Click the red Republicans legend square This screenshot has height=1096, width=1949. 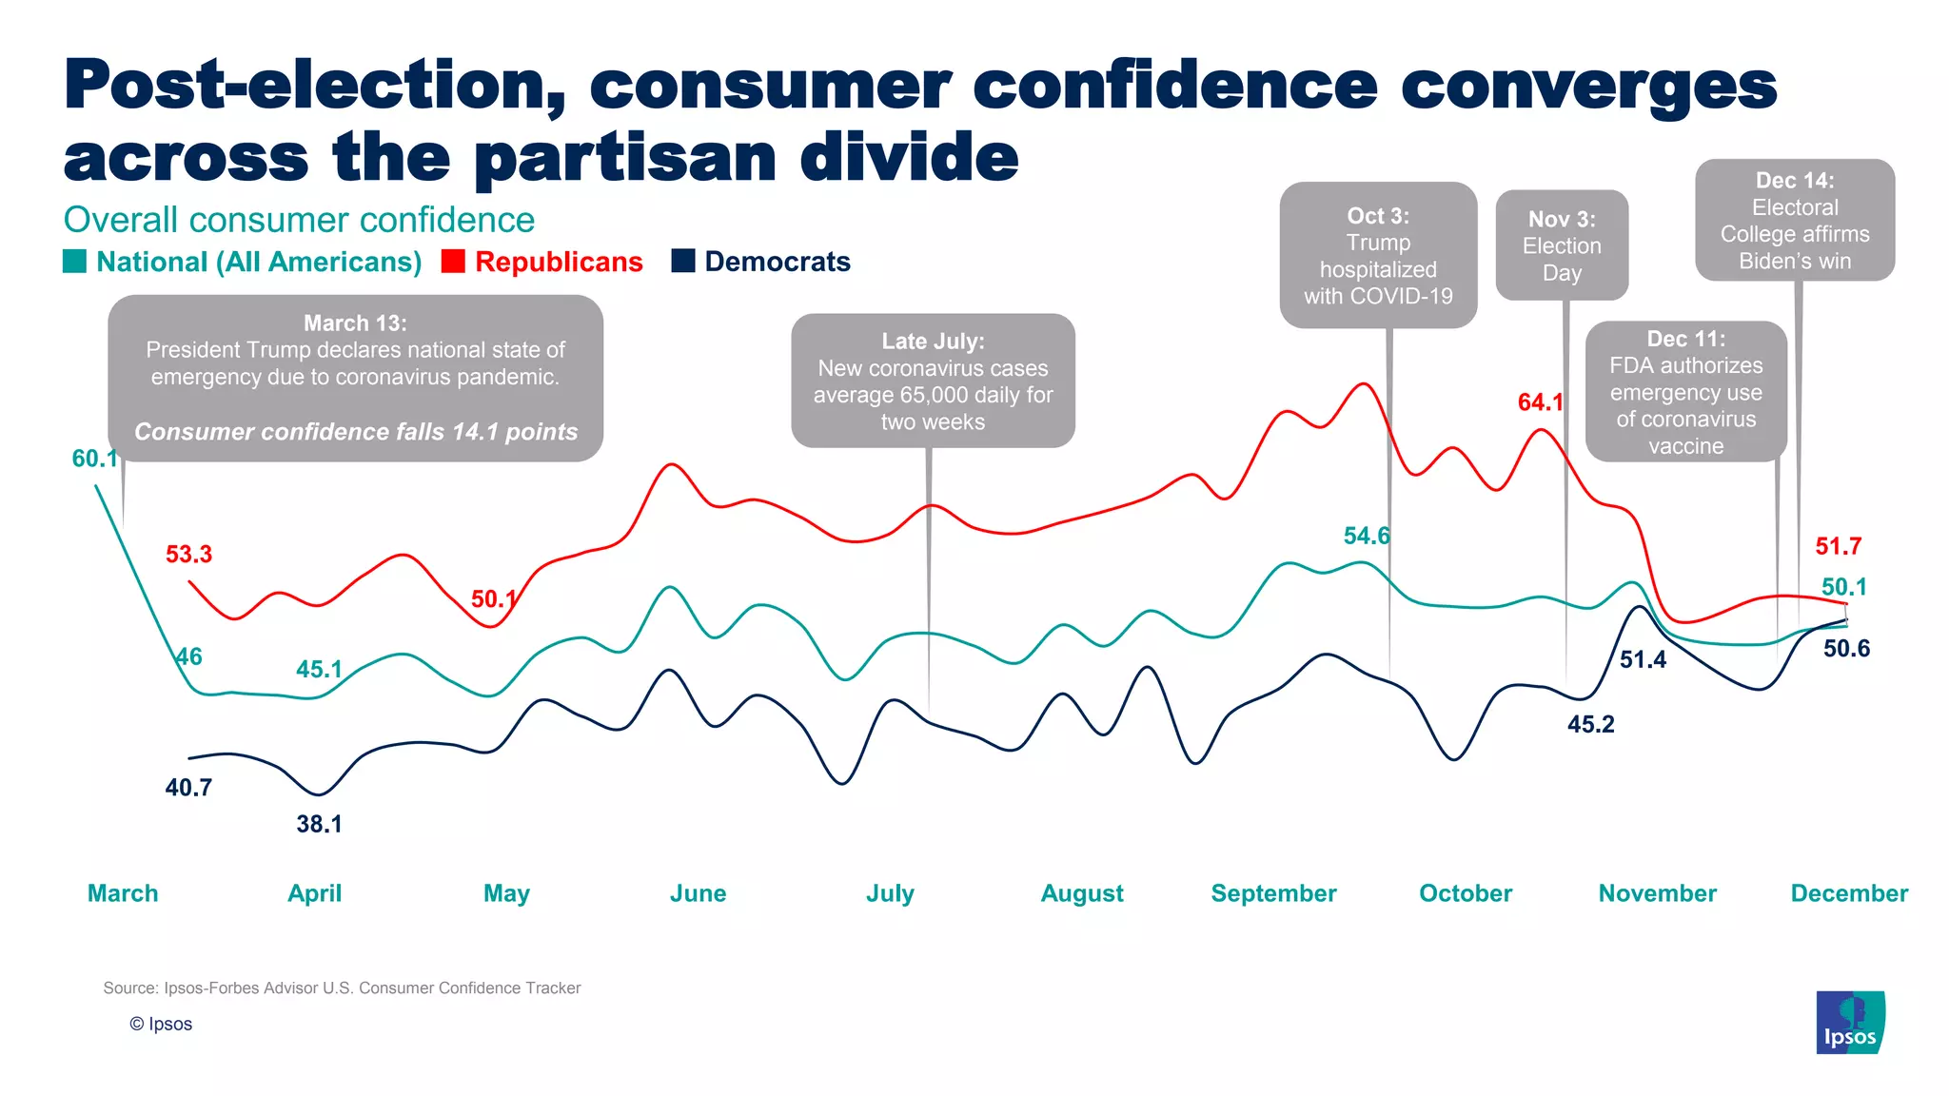point(453,262)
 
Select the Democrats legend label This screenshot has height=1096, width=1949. point(777,262)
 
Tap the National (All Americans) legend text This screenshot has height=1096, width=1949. point(259,262)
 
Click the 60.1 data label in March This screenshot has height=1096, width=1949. point(94,459)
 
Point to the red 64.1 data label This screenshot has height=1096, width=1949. point(1540,402)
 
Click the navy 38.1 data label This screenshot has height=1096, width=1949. point(319,824)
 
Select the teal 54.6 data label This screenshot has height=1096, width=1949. point(1366,537)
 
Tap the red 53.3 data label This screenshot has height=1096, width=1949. point(188,555)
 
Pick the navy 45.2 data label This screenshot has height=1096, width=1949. point(1590,725)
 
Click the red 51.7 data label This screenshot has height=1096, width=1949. point(1838,547)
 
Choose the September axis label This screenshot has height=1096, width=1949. point(1273,893)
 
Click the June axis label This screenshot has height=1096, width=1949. point(698,893)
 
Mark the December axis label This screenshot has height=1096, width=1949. point(1849,893)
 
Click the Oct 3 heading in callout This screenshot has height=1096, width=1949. point(1378,216)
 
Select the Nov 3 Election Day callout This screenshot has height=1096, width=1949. point(1562,245)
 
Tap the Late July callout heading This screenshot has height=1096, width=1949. point(933,342)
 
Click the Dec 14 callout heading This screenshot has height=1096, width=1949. point(1795,181)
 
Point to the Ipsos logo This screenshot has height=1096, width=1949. point(1850,1023)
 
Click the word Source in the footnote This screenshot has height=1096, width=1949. point(129,988)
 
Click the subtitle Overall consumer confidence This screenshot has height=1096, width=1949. point(299,220)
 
